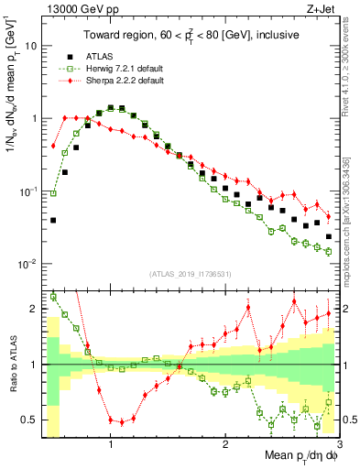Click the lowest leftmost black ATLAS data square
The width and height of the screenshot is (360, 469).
click(x=53, y=220)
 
